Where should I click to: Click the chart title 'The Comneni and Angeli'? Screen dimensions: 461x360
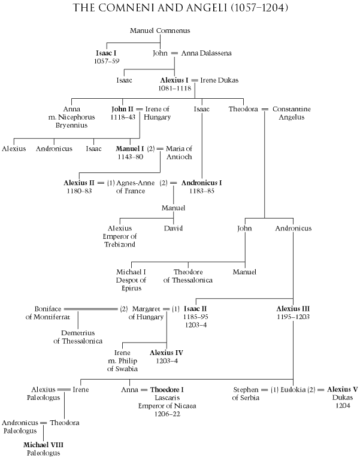click(180, 10)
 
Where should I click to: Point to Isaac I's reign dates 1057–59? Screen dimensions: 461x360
click(108, 61)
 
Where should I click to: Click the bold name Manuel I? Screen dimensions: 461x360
click(131, 148)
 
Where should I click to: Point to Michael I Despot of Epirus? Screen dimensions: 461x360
click(132, 280)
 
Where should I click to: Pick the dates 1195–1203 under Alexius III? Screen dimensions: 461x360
click(293, 317)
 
